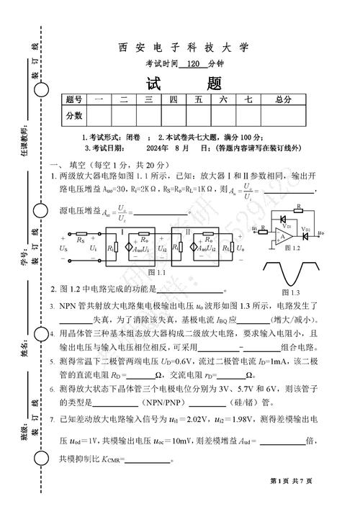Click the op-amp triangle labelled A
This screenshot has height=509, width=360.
tap(285, 234)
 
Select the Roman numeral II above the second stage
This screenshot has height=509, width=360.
tap(188, 232)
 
